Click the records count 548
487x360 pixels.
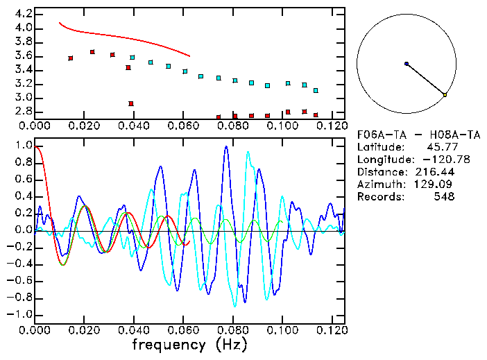click(444, 196)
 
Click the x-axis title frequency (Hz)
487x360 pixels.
click(189, 345)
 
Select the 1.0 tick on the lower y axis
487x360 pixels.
click(24, 146)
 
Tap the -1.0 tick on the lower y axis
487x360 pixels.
click(21, 314)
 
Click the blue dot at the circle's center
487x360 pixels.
click(407, 64)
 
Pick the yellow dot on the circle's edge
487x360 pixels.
click(445, 94)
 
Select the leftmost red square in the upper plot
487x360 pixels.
click(71, 58)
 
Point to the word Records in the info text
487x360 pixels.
click(379, 196)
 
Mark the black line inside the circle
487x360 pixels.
click(425, 79)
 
